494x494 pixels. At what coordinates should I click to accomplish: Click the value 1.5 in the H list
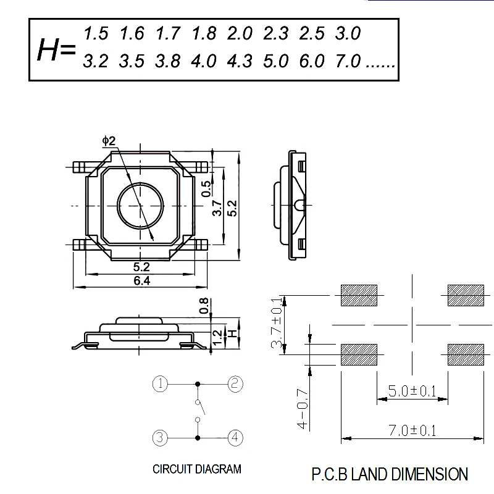tap(96, 33)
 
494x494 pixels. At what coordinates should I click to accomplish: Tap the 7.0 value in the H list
tap(348, 62)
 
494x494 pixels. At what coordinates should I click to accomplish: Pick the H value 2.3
tap(275, 33)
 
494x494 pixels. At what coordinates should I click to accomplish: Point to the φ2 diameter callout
tap(109, 141)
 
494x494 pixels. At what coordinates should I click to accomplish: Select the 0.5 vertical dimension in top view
tap(207, 186)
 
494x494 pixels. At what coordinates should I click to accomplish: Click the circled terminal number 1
tap(160, 384)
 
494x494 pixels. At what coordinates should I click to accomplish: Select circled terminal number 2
tap(235, 384)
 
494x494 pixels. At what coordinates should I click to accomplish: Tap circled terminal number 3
tap(160, 438)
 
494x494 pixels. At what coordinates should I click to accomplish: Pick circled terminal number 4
tap(235, 438)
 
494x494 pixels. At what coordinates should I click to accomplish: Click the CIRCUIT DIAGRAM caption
tap(197, 469)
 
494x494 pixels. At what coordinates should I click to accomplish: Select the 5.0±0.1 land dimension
tap(412, 391)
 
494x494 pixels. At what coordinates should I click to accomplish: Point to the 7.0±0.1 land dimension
tap(412, 431)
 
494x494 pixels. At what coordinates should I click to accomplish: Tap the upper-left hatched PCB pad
tap(359, 295)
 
